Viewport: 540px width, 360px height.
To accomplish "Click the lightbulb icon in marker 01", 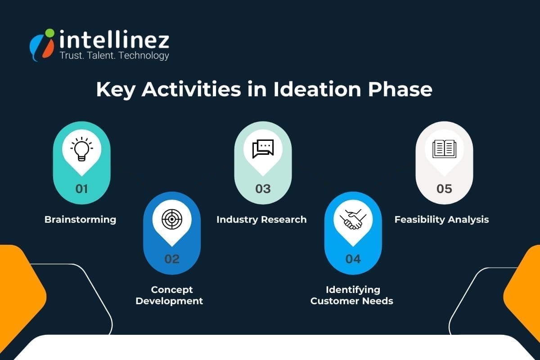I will [81, 148].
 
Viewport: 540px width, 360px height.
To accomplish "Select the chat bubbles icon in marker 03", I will [263, 148].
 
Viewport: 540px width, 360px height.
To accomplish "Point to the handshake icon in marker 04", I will [353, 219].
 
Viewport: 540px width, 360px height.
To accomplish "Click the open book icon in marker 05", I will [444, 148].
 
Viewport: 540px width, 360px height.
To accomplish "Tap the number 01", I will [81, 189].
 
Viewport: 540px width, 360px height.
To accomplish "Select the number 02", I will [172, 259].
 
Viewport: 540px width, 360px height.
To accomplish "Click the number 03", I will [263, 189].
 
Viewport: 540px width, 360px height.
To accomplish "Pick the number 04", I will [353, 259].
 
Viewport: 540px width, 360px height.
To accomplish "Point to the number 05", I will [444, 189].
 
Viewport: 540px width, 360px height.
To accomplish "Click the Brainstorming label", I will [80, 220].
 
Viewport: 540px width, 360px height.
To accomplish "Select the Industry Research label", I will [261, 220].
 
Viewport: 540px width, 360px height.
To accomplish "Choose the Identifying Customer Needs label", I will [352, 295].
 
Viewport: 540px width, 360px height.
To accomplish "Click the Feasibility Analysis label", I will [441, 220].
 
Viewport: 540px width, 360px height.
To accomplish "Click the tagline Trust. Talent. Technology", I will [114, 55].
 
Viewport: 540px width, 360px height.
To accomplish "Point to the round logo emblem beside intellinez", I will [42, 45].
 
